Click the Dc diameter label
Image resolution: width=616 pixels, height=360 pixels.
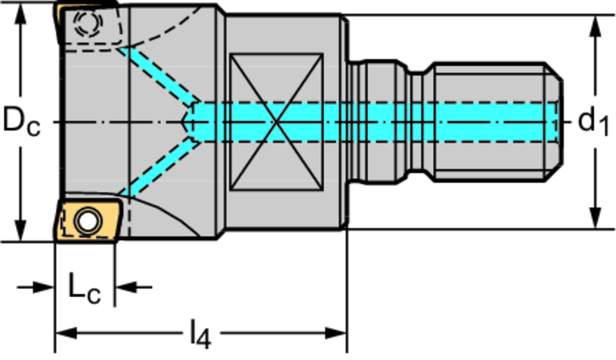pyautogui.click(x=22, y=121)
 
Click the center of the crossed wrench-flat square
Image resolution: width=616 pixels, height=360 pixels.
pyautogui.click(x=276, y=122)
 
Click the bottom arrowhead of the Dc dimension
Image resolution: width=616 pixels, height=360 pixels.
pyautogui.click(x=21, y=232)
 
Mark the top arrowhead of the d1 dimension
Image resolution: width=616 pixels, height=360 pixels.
pyautogui.click(x=595, y=24)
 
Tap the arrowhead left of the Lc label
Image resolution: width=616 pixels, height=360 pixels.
pyautogui.click(x=45, y=287)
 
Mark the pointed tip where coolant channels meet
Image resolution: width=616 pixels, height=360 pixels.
pyautogui.click(x=184, y=122)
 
